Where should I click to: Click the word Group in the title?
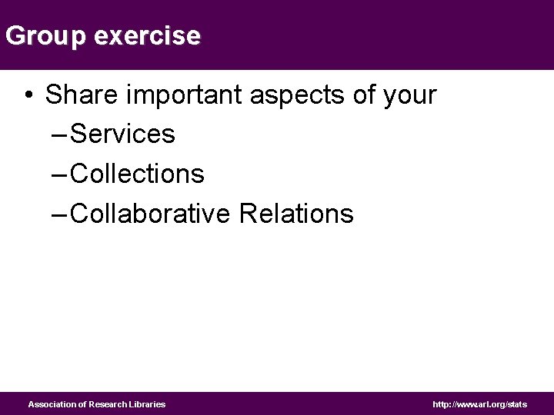click(x=46, y=36)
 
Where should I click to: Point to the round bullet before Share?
click(x=28, y=95)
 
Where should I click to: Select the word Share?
click(x=82, y=95)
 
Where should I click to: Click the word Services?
click(x=123, y=134)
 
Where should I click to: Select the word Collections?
click(x=138, y=174)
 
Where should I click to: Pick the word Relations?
click(x=296, y=214)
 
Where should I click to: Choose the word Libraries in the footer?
click(x=148, y=404)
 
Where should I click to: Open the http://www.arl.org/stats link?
click(x=480, y=404)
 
